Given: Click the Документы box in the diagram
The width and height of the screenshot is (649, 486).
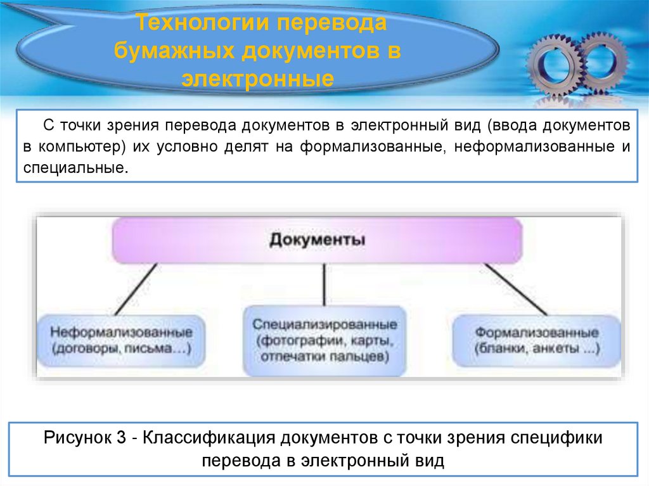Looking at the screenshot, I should point(317,240).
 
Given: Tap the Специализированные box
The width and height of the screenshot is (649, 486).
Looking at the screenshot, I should point(324,340).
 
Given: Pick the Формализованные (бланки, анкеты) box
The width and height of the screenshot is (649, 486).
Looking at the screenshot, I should point(537,340).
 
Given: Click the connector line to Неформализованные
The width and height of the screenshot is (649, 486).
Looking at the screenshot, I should point(136,289).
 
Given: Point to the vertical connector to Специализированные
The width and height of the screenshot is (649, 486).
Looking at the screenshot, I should point(324,285).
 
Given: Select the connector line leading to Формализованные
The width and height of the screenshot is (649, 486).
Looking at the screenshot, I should point(515,289).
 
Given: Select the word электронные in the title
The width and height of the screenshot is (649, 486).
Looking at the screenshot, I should point(258,79).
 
